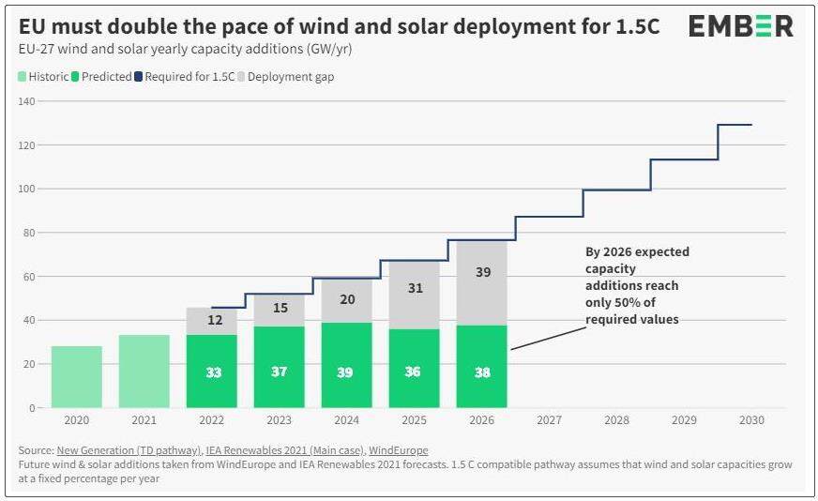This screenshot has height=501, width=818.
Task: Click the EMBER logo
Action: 740,26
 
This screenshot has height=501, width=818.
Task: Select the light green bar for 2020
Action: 77,376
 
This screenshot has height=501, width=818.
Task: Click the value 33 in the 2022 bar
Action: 212,372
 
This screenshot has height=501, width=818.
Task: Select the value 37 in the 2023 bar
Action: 280,372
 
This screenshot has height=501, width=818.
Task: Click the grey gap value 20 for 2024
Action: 347,300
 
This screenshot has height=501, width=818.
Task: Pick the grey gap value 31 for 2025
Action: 415,289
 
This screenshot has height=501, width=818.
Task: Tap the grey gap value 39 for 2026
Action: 482,272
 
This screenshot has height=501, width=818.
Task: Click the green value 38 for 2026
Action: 482,372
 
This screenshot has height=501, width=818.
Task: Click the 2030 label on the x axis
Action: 751,421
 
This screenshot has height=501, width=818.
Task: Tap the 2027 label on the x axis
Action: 550,421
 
